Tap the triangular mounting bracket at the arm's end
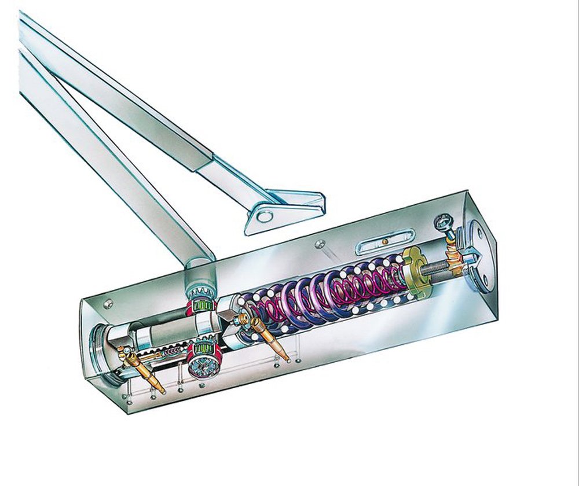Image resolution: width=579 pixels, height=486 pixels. pyautogui.click(x=284, y=208)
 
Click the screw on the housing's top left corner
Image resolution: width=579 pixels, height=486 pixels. pyautogui.click(x=108, y=302)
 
